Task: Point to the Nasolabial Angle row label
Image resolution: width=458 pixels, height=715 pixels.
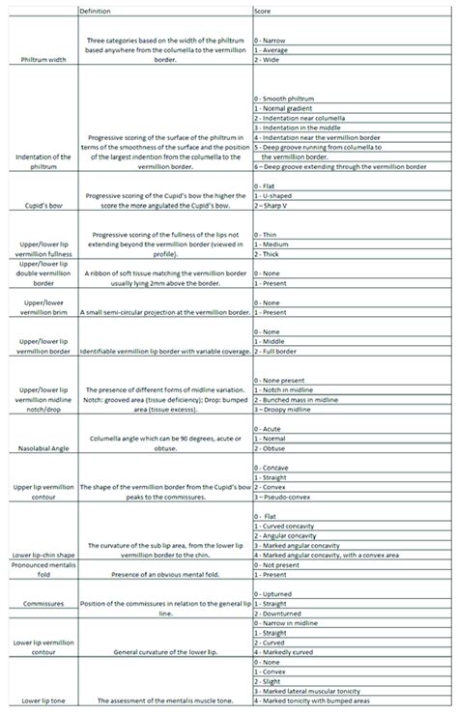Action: point(42,447)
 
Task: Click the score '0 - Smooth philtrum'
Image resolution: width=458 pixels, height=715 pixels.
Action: point(285,100)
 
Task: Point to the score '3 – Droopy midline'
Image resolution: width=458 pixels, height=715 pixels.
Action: point(293,410)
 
